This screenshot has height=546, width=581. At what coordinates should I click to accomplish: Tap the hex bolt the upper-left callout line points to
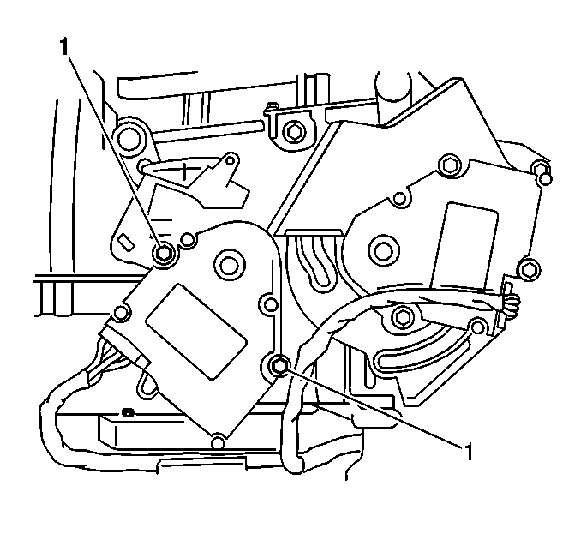[x=164, y=253]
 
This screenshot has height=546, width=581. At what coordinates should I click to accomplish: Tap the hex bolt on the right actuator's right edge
[x=530, y=271]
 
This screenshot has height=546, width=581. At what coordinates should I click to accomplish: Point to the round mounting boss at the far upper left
[x=130, y=135]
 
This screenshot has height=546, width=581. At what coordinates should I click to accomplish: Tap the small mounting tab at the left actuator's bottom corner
[x=219, y=442]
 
